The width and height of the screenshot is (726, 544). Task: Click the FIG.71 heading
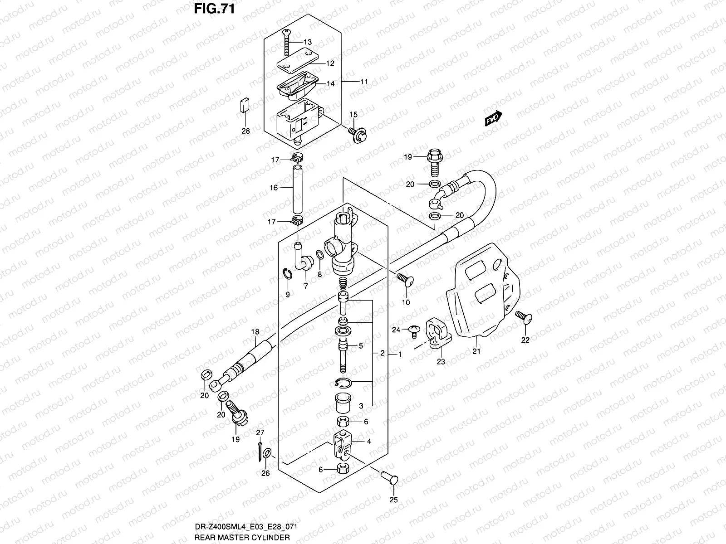(214, 9)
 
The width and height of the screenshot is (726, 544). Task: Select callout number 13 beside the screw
(307, 42)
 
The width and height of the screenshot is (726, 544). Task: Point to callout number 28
(245, 131)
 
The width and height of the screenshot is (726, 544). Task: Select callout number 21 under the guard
(476, 351)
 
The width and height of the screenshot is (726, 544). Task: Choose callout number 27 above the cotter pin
(260, 432)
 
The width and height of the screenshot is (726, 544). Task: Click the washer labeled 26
(268, 453)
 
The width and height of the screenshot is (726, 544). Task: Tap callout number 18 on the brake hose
(255, 332)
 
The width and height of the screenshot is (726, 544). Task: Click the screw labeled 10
(405, 280)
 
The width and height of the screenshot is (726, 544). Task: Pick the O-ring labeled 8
(319, 256)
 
